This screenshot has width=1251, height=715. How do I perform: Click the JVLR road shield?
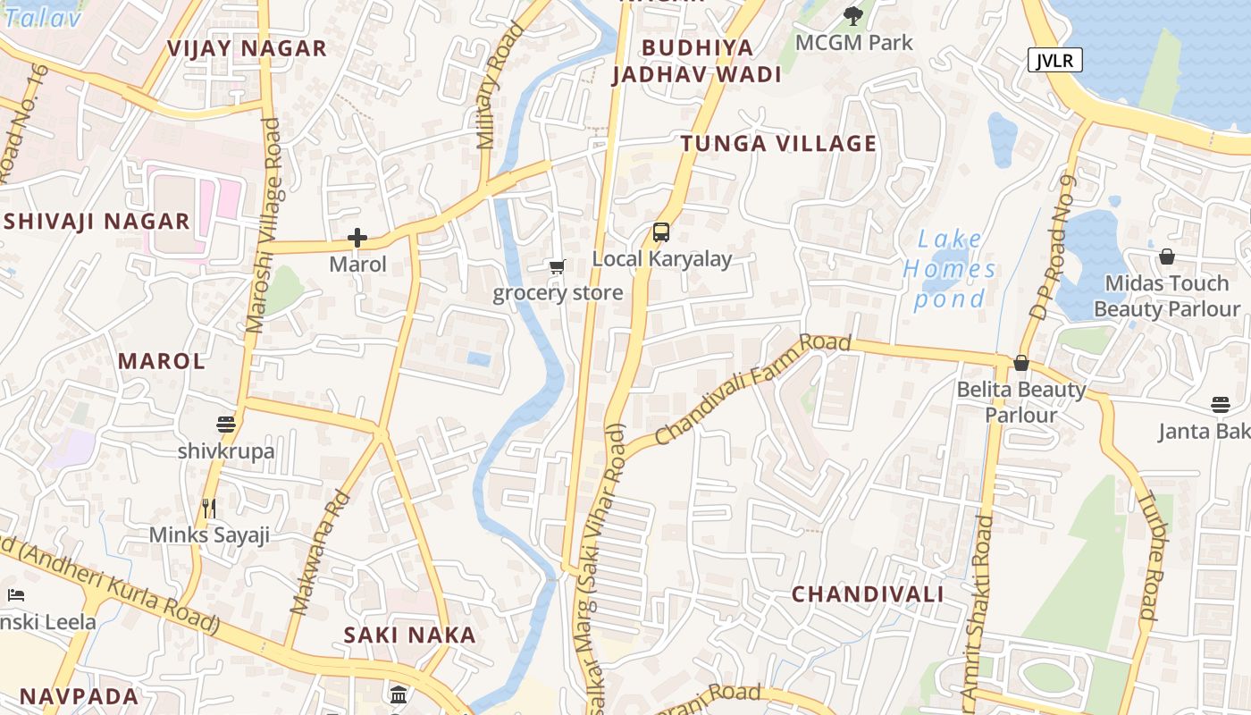(x=1055, y=60)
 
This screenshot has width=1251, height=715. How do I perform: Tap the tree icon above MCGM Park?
(x=853, y=15)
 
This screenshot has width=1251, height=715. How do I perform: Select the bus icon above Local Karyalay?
(x=660, y=232)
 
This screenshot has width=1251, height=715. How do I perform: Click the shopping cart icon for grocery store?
(x=558, y=266)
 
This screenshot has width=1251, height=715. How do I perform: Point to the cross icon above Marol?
(x=357, y=238)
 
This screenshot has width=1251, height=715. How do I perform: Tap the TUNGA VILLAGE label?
(x=778, y=144)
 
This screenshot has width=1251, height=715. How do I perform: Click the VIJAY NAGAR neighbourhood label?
(x=248, y=49)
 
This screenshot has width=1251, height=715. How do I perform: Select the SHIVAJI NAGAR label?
(x=97, y=222)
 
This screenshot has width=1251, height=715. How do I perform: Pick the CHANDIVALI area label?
(x=868, y=594)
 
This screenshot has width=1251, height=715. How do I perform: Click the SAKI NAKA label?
(x=410, y=635)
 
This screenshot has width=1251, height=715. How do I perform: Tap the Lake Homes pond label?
(x=949, y=269)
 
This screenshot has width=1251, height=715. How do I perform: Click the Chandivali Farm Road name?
(x=752, y=389)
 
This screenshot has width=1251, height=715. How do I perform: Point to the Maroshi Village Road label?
(x=264, y=225)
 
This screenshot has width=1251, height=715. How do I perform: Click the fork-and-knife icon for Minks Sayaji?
(x=209, y=509)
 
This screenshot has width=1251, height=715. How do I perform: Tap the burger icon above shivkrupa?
(x=225, y=424)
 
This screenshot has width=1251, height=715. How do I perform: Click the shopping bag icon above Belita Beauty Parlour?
(x=1020, y=363)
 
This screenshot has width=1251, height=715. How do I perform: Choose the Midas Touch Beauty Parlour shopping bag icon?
(x=1166, y=257)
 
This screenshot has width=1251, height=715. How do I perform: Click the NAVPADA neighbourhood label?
(x=80, y=697)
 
